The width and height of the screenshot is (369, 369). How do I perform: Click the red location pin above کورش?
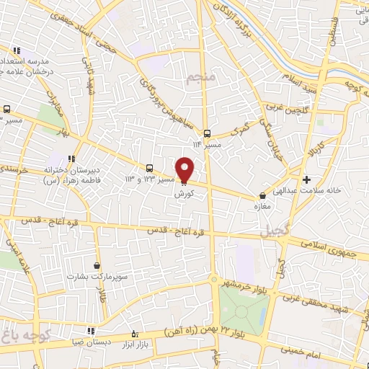(x=185, y=169)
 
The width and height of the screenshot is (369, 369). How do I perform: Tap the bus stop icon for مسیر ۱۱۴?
(x=207, y=133)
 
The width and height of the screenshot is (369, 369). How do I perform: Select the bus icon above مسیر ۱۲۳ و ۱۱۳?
(x=149, y=166)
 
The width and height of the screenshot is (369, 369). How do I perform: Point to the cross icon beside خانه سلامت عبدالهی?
(x=307, y=179)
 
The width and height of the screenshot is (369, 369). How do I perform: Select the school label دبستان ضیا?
(x=86, y=342)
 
